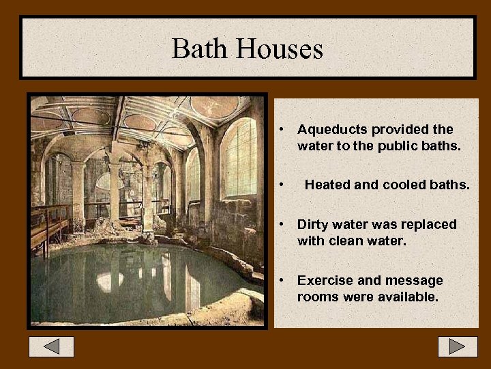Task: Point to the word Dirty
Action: (x=312, y=224)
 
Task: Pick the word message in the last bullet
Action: (x=415, y=281)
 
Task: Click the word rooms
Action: (x=317, y=297)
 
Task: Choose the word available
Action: (x=408, y=297)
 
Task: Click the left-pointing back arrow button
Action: (x=51, y=346)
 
